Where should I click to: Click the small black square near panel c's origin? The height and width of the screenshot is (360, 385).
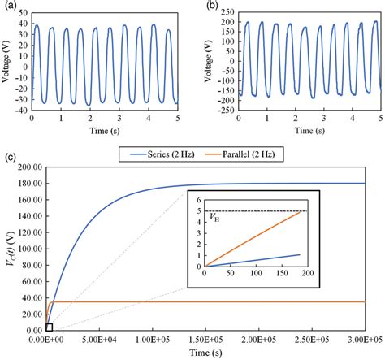coord(50,327)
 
